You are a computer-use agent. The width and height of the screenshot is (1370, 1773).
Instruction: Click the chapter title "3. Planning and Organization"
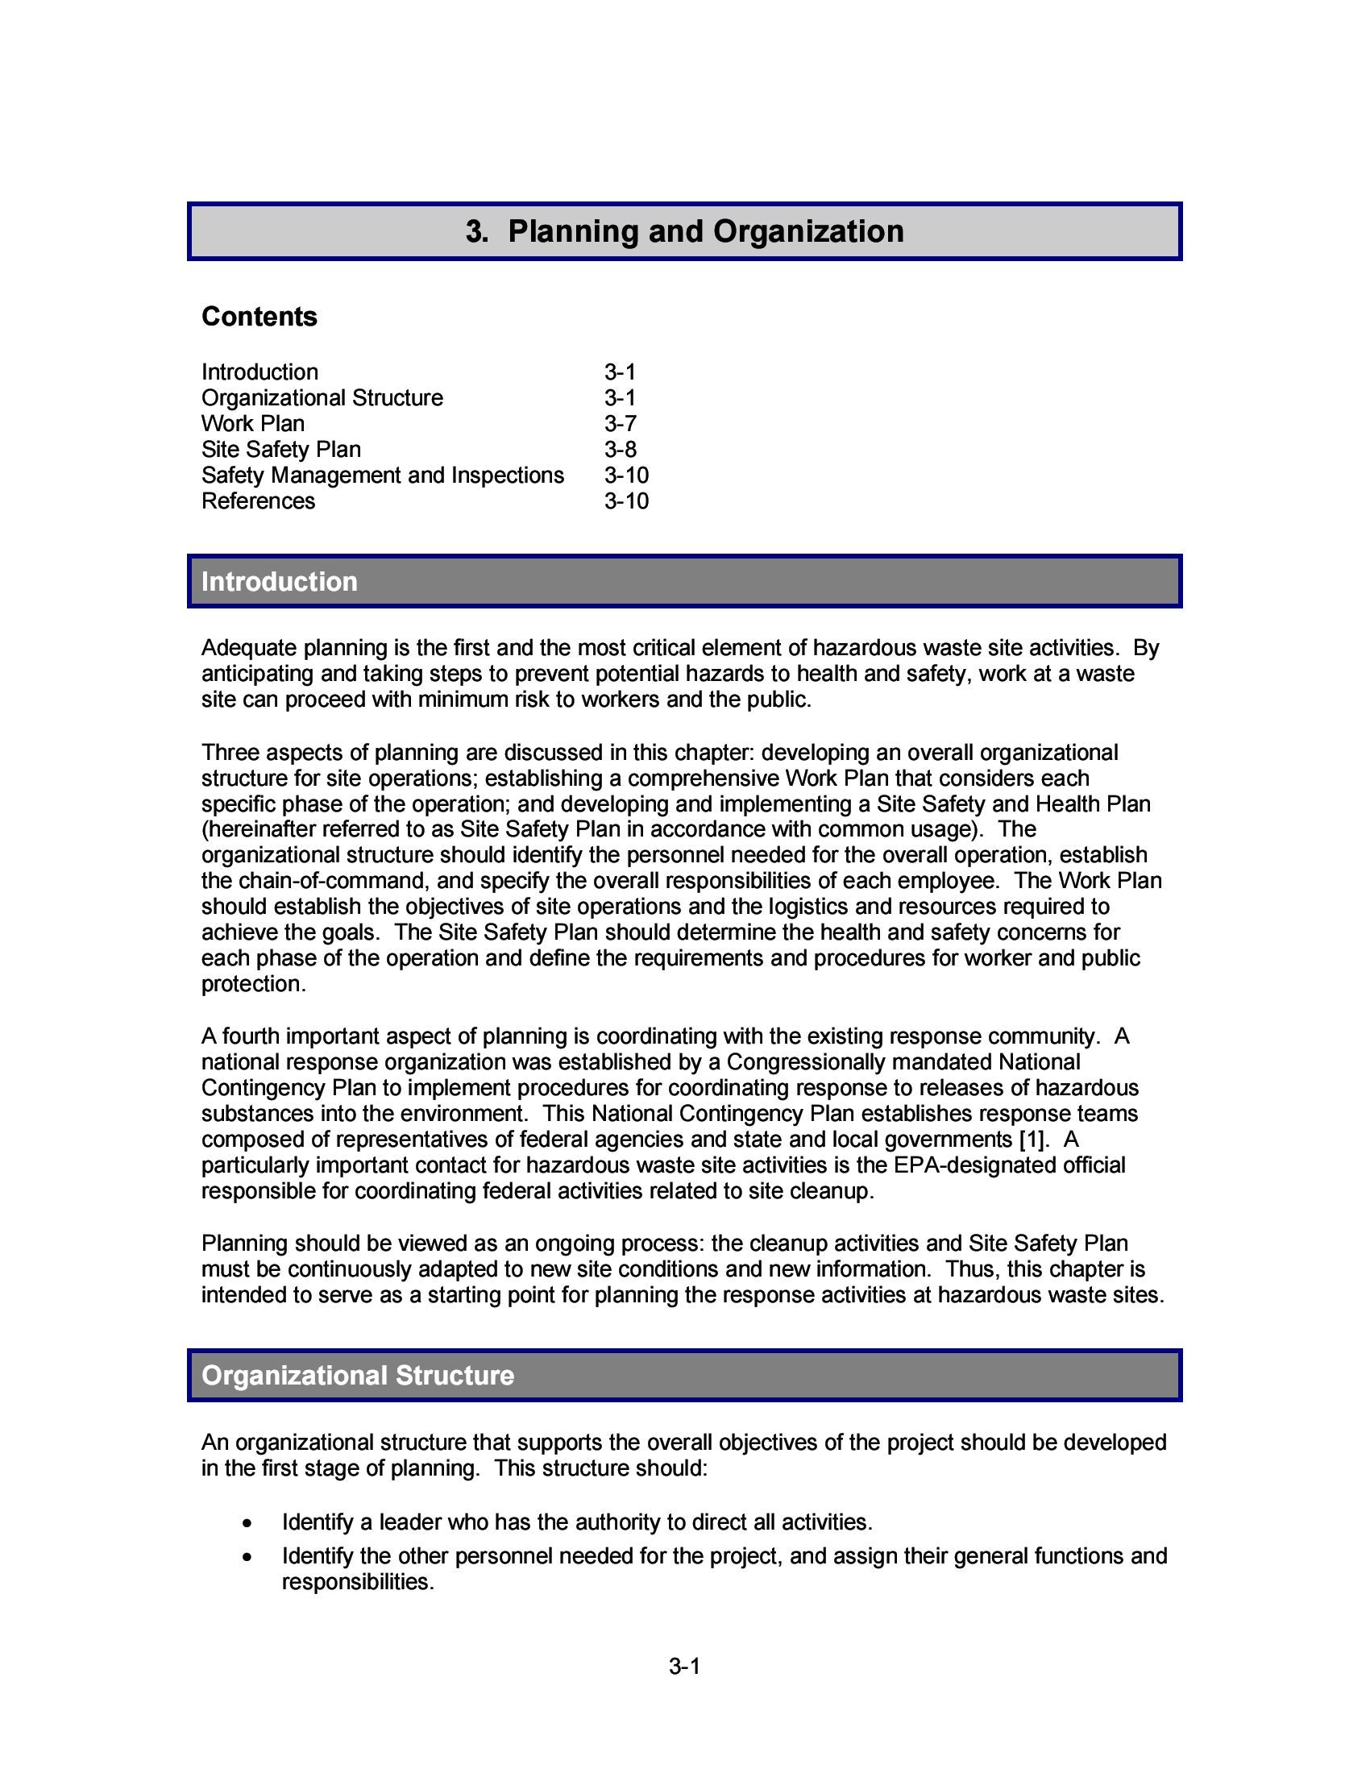(x=684, y=231)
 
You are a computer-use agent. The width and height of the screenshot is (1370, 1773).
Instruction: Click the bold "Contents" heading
(x=259, y=317)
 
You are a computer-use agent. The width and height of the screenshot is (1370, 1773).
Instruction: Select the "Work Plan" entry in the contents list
(x=252, y=424)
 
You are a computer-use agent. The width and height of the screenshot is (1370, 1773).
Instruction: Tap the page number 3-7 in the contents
(x=620, y=424)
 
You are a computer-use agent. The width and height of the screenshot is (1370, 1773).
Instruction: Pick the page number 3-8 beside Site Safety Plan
(x=620, y=450)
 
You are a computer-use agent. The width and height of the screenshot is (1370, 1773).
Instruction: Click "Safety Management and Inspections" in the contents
(x=382, y=475)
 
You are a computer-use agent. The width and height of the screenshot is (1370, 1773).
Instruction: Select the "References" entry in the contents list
(x=258, y=502)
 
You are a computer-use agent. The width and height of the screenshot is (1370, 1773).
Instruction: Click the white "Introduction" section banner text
(x=279, y=582)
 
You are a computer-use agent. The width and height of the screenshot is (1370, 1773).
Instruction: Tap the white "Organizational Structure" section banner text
(x=357, y=1376)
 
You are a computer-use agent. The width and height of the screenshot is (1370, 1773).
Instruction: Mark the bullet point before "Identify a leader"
(x=247, y=1523)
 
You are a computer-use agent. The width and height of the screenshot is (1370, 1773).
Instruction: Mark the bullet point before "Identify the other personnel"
(x=247, y=1557)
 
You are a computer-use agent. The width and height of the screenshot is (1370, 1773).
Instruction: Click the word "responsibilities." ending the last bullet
(x=358, y=1583)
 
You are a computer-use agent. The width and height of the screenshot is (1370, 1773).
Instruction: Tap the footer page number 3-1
(x=684, y=1667)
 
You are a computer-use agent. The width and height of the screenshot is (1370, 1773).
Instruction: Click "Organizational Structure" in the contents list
(x=322, y=398)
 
